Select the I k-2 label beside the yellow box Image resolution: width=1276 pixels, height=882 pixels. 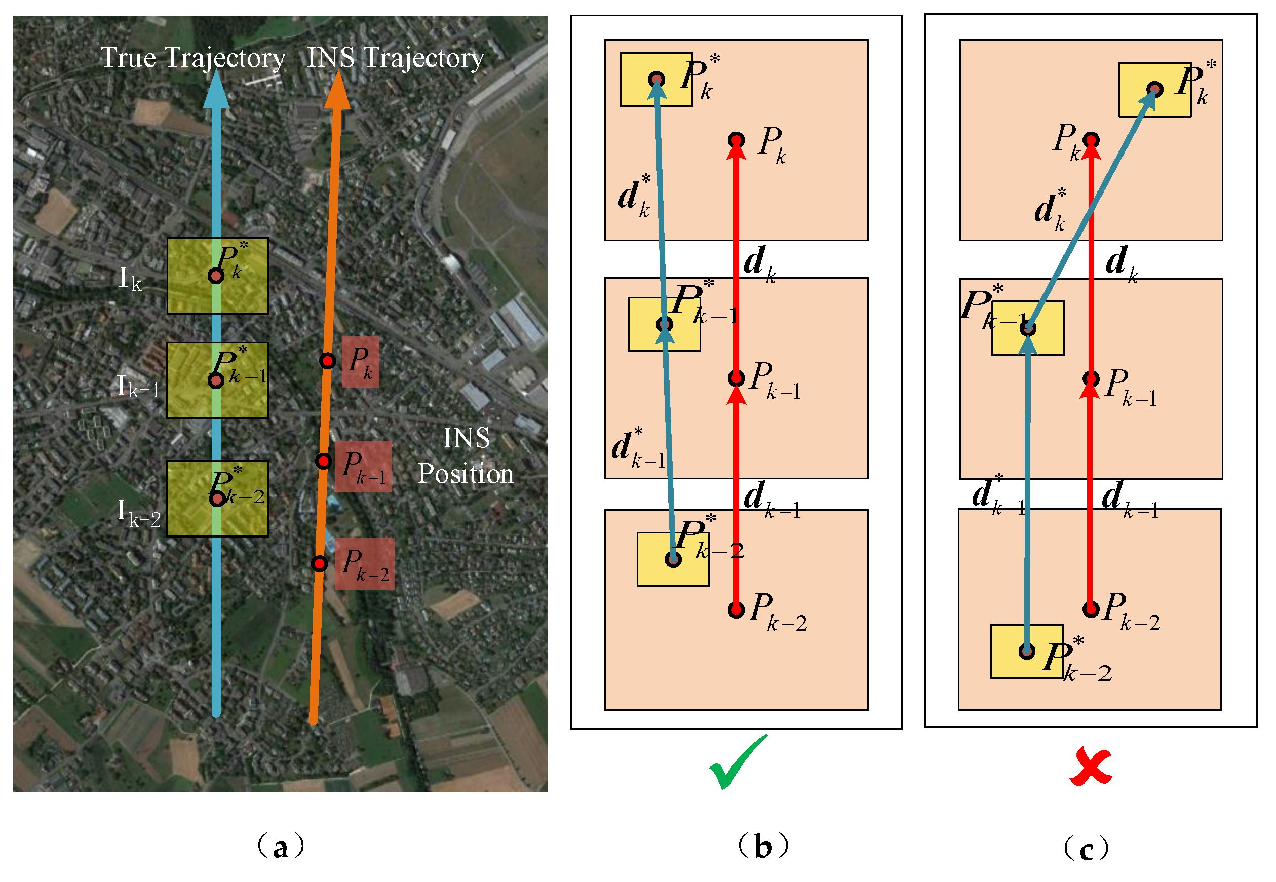[x=138, y=513]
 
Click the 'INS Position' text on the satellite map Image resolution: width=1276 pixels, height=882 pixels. [x=466, y=456]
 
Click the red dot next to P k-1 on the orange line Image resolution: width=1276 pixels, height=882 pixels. [x=323, y=461]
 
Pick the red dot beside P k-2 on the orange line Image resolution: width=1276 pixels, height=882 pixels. [x=320, y=564]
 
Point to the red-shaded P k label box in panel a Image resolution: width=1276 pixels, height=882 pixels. [x=360, y=362]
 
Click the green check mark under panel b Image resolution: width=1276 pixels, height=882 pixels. [x=738, y=762]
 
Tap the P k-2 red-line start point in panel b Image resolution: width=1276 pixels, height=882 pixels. [x=736, y=609]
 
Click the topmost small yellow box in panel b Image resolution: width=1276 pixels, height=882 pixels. [x=656, y=80]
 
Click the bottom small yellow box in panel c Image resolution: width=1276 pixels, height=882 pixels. [x=1026, y=651]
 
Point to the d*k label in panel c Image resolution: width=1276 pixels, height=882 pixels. [x=1050, y=210]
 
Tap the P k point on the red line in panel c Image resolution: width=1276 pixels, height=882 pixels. [x=1090, y=140]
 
